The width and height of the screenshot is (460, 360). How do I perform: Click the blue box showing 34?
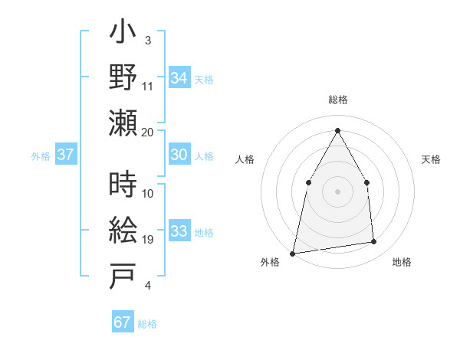tap(179, 77)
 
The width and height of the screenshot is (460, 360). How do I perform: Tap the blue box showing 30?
tap(179, 155)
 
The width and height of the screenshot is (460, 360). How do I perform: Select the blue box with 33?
tap(179, 232)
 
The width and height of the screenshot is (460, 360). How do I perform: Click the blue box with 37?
tap(65, 155)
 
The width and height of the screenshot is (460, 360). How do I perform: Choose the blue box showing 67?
tap(123, 322)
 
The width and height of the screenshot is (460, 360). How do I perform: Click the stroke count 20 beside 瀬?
tap(148, 132)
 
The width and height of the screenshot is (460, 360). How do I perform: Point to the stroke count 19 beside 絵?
tap(148, 240)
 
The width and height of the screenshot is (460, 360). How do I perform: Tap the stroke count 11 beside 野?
tap(148, 86)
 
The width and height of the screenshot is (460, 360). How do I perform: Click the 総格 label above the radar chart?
tap(337, 100)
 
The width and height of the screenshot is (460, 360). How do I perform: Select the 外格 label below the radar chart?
tap(270, 263)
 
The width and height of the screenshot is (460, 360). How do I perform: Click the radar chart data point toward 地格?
tap(374, 242)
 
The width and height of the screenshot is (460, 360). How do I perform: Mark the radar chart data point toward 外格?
tap(293, 253)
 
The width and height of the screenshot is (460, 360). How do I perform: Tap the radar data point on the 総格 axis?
tap(337, 130)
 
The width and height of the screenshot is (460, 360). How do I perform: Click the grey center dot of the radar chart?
tap(337, 191)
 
